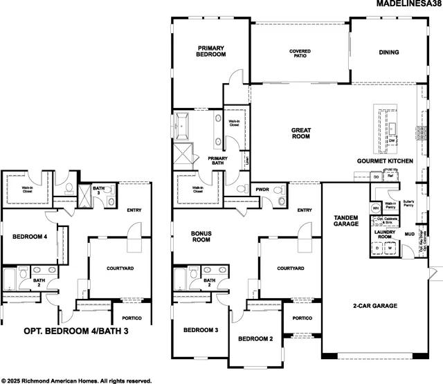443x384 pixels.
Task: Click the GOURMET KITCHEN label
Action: pos(385,161)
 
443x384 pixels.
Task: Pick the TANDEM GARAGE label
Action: pos(346,220)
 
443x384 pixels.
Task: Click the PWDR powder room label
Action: pos(262,189)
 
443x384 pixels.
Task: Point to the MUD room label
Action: pos(410,234)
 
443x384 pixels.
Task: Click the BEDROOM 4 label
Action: pos(30,237)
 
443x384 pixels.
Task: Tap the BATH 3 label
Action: pos(99,190)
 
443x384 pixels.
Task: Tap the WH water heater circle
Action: pos(376,207)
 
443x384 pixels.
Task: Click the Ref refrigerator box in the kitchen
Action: pos(390,176)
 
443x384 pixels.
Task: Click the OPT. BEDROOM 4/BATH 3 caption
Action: pos(76,331)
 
